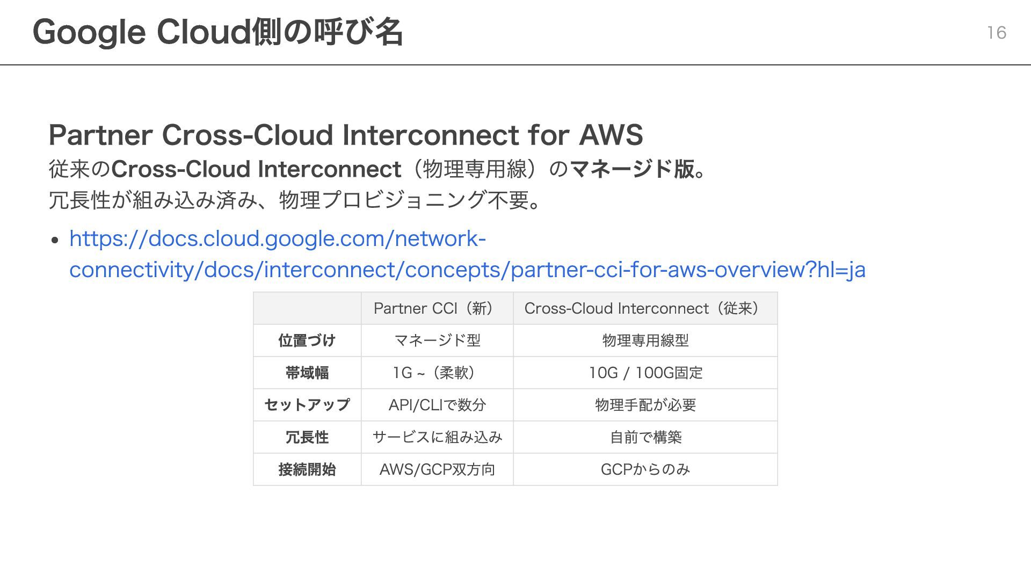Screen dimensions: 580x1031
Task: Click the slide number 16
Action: (996, 33)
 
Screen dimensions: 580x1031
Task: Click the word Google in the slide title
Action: (89, 32)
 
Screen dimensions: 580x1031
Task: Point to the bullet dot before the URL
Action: (55, 240)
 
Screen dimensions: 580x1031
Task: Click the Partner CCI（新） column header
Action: (437, 308)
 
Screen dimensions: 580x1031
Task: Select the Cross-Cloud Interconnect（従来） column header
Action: (645, 308)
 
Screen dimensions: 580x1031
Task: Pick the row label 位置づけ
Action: (307, 340)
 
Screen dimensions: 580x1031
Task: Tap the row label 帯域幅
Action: (307, 373)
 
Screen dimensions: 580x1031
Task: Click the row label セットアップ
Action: (307, 405)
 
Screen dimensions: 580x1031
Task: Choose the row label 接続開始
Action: (307, 469)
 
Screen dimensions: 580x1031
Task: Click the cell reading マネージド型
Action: (437, 340)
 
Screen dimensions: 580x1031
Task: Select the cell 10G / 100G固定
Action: (645, 373)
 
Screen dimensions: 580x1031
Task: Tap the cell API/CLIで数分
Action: (437, 405)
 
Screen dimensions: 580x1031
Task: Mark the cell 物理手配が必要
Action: (645, 405)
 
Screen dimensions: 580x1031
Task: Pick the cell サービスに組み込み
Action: (437, 437)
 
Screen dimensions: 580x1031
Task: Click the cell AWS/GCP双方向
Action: (437, 469)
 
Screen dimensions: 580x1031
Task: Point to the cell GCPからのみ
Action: (645, 469)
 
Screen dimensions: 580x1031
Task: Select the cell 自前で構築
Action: (645, 437)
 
